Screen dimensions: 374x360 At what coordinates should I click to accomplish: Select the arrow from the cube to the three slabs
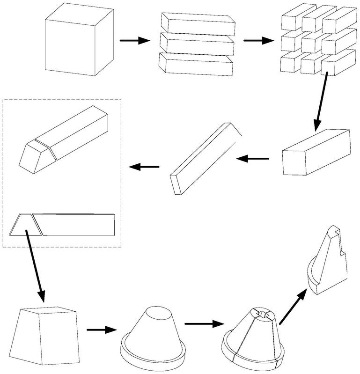(x=134, y=41)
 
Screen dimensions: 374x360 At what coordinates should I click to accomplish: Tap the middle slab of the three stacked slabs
(x=197, y=44)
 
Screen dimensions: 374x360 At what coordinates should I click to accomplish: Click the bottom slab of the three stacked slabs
(x=197, y=65)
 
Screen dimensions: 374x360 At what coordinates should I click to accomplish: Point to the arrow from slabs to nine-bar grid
(x=258, y=41)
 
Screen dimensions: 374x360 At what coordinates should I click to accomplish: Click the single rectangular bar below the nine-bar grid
(x=316, y=152)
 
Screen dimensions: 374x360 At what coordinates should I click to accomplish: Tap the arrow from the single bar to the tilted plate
(x=253, y=159)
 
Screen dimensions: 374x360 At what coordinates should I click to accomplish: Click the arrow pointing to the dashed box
(x=144, y=166)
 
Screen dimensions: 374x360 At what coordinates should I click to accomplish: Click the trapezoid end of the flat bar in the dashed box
(x=26, y=225)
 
